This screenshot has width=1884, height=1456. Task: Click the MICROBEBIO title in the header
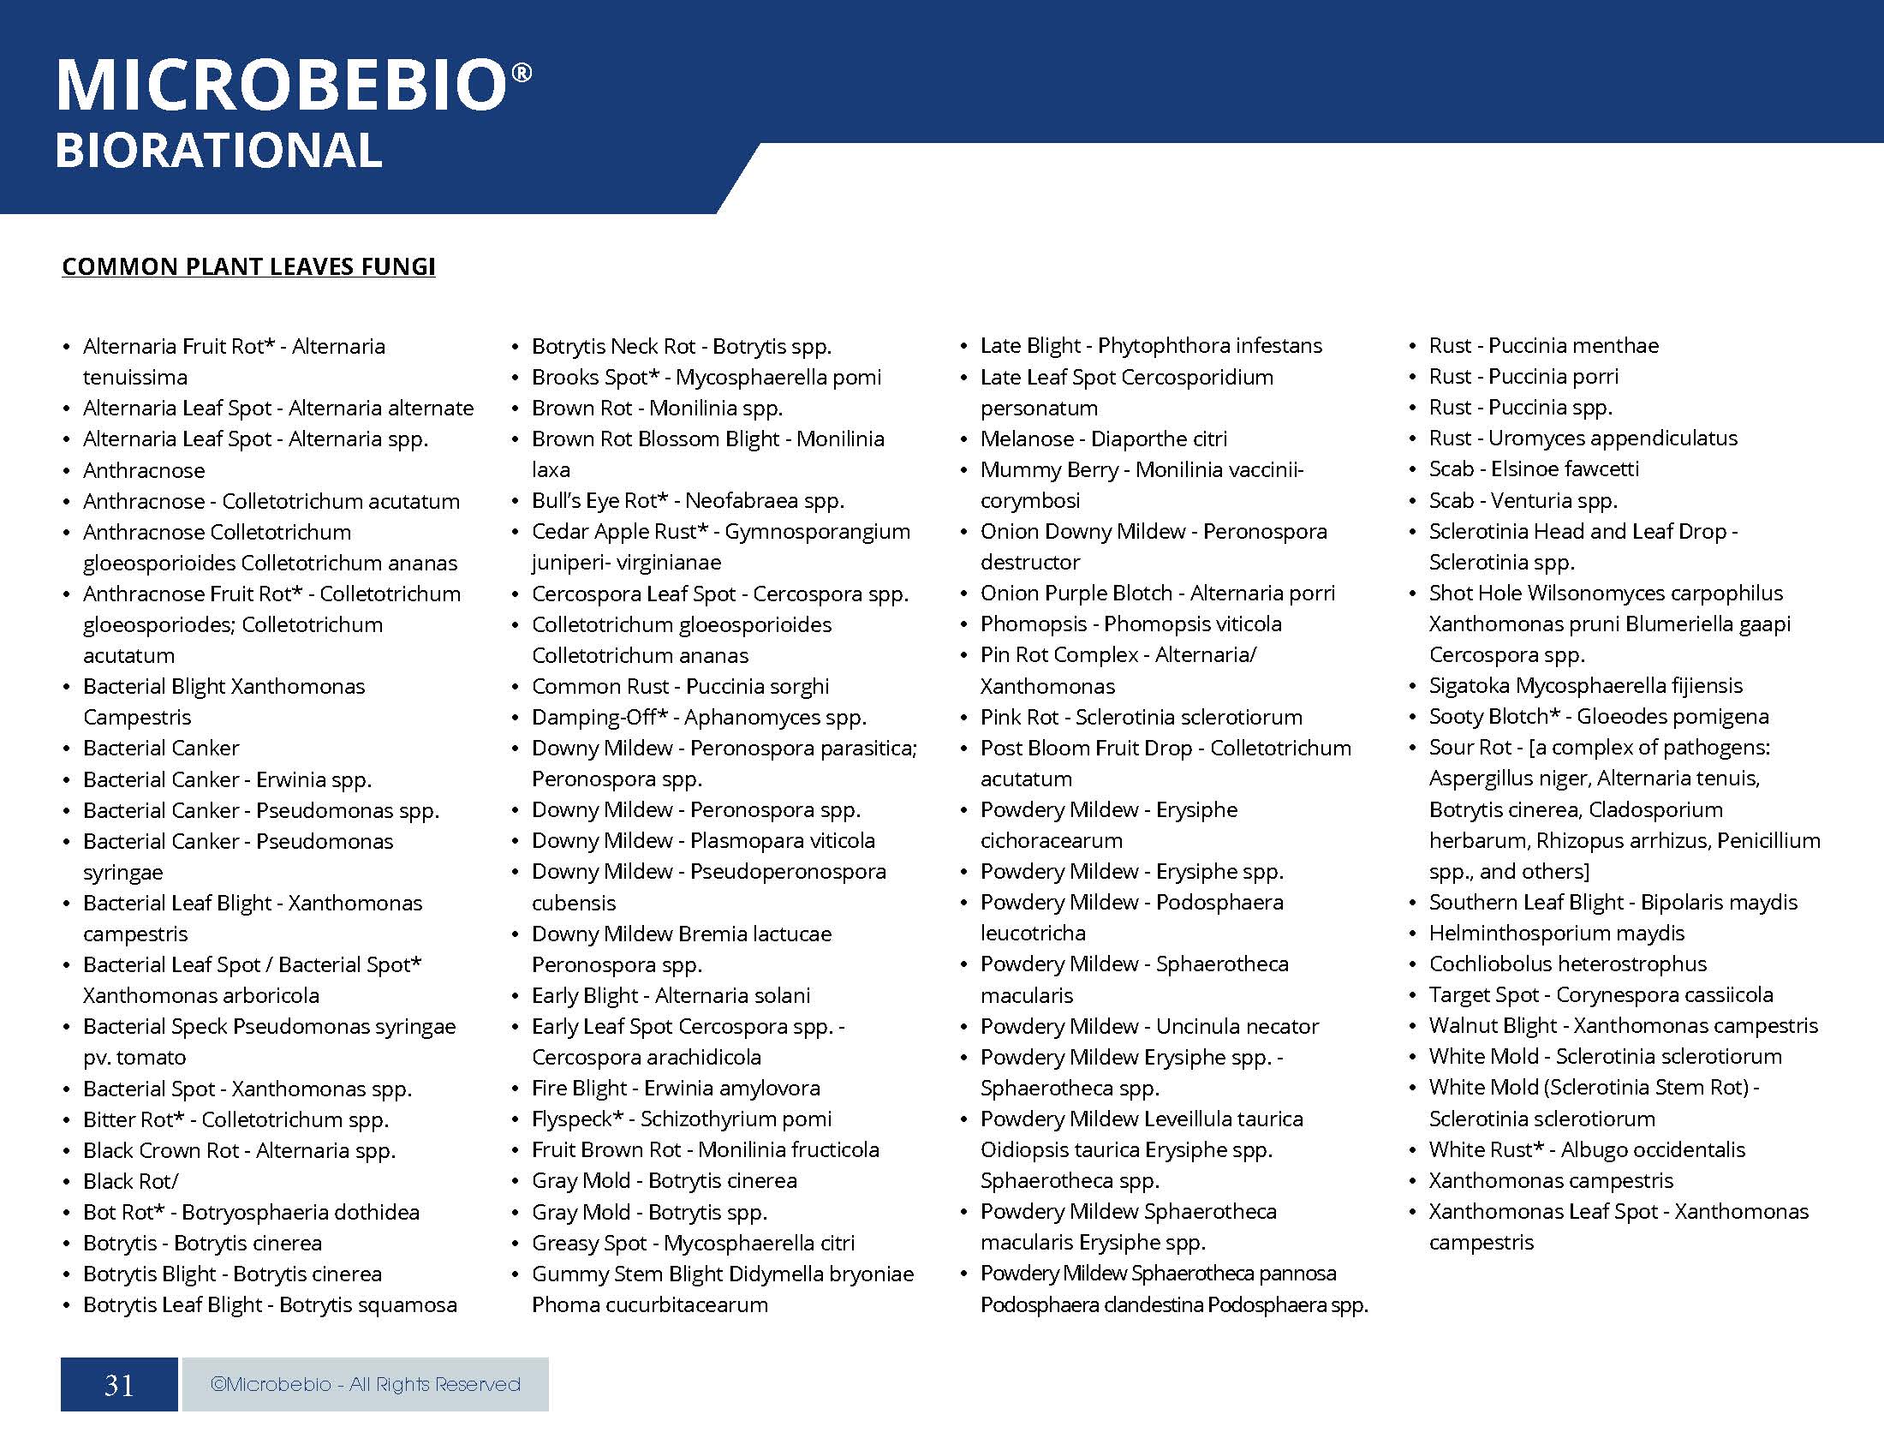pyautogui.click(x=281, y=86)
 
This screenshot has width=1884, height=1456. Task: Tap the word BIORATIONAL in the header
pyautogui.click(x=218, y=151)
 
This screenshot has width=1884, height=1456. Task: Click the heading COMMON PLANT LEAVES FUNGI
pyautogui.click(x=248, y=266)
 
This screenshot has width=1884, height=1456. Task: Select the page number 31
pyautogui.click(x=119, y=1384)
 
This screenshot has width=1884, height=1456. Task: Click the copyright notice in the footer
pyautogui.click(x=365, y=1384)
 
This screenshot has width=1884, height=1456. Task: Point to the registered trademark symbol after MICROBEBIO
pyautogui.click(x=522, y=74)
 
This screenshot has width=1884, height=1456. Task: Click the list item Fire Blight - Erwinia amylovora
pyautogui.click(x=676, y=1088)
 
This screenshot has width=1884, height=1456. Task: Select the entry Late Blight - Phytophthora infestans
pyautogui.click(x=1151, y=346)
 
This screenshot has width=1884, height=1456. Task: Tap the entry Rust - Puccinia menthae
pyautogui.click(x=1543, y=346)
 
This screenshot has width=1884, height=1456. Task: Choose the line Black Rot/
pyautogui.click(x=130, y=1181)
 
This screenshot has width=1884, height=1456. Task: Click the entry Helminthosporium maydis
pyautogui.click(x=1556, y=933)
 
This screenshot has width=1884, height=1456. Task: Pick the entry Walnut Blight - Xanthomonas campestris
pyautogui.click(x=1623, y=1025)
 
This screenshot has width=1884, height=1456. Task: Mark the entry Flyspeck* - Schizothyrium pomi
pyautogui.click(x=682, y=1119)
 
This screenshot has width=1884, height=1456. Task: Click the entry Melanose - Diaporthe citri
pyautogui.click(x=1103, y=439)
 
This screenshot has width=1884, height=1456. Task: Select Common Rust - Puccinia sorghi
pyautogui.click(x=680, y=687)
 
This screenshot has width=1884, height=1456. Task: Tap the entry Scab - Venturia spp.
pyautogui.click(x=1523, y=500)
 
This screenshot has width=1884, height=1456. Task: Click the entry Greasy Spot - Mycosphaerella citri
pyautogui.click(x=693, y=1243)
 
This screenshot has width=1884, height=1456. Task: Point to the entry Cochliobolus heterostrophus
pyautogui.click(x=1567, y=964)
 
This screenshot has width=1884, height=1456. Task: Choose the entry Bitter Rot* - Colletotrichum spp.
pyautogui.click(x=235, y=1119)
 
